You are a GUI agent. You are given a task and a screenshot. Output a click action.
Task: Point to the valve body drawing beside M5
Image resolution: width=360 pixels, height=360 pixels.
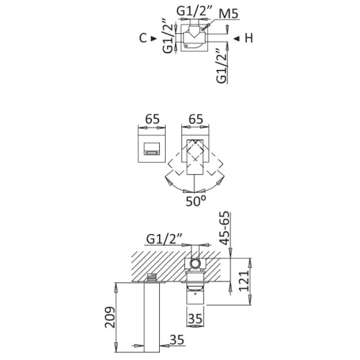click(197, 39)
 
